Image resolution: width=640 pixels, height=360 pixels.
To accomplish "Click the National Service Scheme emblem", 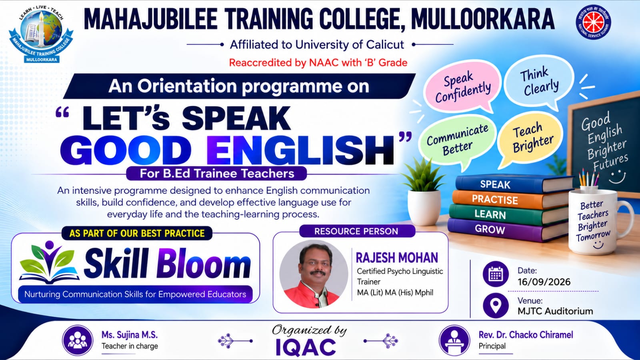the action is (593, 22).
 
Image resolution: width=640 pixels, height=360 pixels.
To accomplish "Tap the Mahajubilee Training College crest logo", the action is (41, 35).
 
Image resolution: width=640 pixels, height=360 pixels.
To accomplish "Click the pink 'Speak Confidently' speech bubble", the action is (462, 86).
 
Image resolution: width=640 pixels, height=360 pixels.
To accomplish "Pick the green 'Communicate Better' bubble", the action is (457, 140).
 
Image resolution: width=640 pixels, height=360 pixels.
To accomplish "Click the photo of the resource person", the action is (314, 274).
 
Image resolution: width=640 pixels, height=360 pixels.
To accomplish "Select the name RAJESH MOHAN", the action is (396, 258).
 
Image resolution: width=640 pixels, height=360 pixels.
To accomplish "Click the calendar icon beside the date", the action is (496, 274).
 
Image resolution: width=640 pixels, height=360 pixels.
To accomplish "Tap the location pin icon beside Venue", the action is (496, 306).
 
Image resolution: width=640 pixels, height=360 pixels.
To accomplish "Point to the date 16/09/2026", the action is (544, 282).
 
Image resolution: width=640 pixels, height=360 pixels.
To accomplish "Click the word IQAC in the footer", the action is (306, 348).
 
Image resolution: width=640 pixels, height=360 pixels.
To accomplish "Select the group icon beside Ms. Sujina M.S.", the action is (78, 340).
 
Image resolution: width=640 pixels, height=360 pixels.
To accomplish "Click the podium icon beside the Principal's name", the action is (454, 340).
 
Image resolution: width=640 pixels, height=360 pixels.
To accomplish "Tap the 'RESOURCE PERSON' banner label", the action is (356, 231).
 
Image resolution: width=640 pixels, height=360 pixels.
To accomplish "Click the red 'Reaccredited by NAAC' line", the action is (318, 62).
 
